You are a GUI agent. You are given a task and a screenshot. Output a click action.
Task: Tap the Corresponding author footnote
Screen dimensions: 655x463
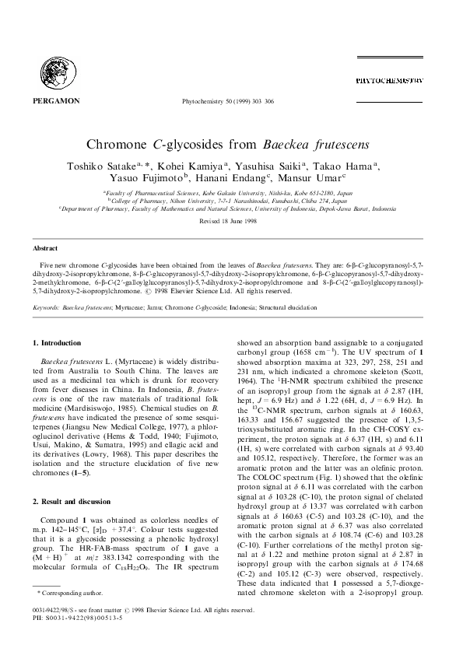click(65, 615)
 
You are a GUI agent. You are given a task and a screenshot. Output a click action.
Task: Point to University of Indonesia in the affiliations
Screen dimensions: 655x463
click(305, 208)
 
